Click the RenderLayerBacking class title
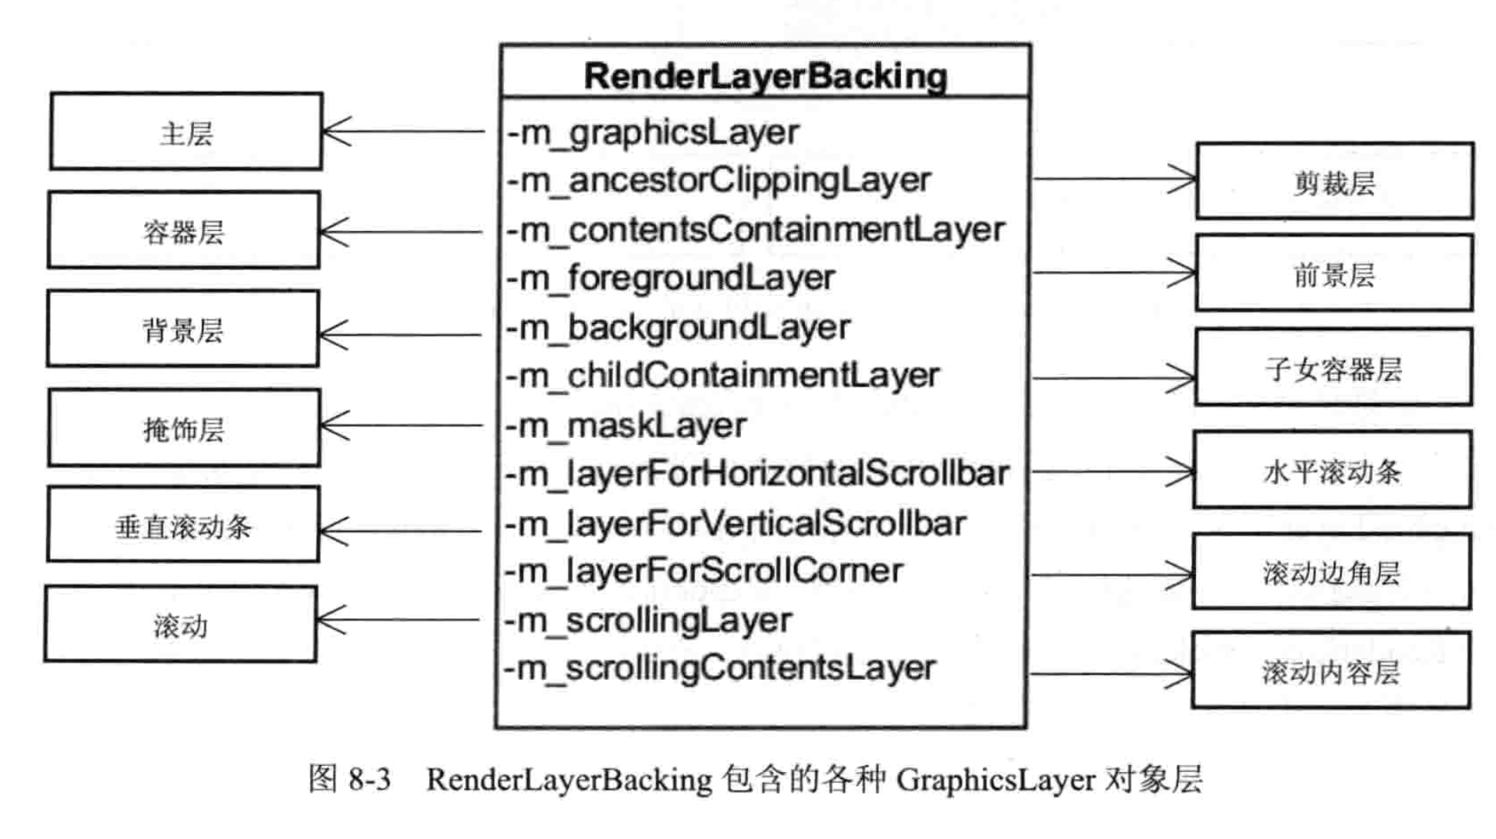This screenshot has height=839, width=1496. pos(766,75)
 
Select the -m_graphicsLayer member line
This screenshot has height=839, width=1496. pos(653,132)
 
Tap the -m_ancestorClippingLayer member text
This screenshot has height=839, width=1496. pos(719,181)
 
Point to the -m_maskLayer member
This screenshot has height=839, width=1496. pos(626,426)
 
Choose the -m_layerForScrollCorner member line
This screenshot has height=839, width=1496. pos(703,571)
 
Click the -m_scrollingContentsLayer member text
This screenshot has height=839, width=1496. pos(720,668)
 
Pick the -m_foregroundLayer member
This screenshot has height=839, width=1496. pos(670,278)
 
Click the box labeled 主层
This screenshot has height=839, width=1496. pos(186,132)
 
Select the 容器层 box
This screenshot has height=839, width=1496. pos(184,230)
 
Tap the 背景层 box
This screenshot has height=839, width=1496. pos(183,329)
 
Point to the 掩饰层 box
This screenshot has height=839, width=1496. pos(184,428)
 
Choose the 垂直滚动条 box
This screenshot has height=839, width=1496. pos(183,526)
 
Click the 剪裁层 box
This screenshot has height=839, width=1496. pos(1334,182)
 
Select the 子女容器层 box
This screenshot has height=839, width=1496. pos(1334,369)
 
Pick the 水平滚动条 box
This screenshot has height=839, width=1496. pos(1332,470)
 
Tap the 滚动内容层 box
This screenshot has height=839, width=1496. pos(1331,671)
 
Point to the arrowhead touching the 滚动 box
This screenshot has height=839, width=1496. pos(329,620)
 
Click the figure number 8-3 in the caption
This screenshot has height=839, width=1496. pos(369,780)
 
